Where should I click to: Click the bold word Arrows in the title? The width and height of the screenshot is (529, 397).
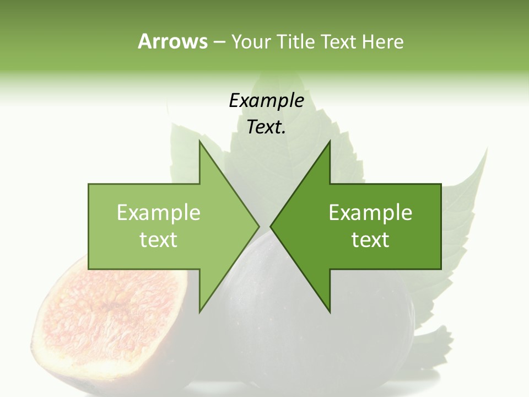[x=172, y=41]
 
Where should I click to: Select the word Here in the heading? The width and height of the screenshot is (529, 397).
[x=382, y=41]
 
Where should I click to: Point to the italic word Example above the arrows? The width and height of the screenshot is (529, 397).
[x=266, y=100]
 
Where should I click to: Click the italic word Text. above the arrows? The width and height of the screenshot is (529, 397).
[x=266, y=127]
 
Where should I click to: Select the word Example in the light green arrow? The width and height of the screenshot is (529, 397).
[x=158, y=213]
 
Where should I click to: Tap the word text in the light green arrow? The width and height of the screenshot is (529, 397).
[x=158, y=239]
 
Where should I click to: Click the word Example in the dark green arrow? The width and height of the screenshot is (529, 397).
[x=370, y=213]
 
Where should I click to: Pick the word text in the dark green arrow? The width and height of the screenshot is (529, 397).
[x=370, y=239]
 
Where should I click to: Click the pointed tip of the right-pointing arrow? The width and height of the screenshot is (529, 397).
[x=258, y=226]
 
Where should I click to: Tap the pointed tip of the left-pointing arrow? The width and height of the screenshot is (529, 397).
[x=271, y=226]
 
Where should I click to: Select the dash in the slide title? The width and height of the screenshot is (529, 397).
[x=219, y=42]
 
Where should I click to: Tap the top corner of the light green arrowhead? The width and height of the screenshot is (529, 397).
[x=200, y=141]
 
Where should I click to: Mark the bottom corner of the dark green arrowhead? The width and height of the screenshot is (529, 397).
[x=330, y=312]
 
